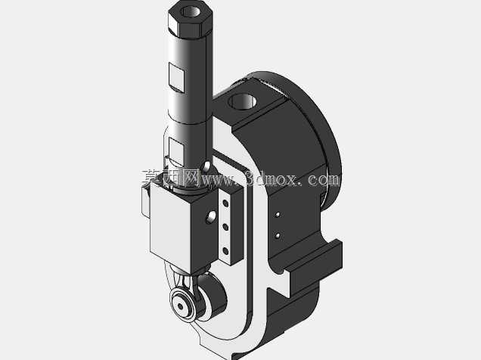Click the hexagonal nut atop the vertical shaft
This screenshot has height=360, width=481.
(x=190, y=19)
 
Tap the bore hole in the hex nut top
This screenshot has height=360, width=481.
(x=191, y=11)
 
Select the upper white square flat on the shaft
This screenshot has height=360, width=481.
(x=176, y=77)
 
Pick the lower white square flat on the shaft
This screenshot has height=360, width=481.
(x=176, y=151)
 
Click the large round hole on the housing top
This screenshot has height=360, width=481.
(x=243, y=101)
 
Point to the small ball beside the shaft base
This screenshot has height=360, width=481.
(x=206, y=166)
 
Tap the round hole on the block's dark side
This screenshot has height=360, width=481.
(x=211, y=217)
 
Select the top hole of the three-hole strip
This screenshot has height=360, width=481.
(x=225, y=203)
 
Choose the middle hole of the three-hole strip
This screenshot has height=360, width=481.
(x=225, y=227)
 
